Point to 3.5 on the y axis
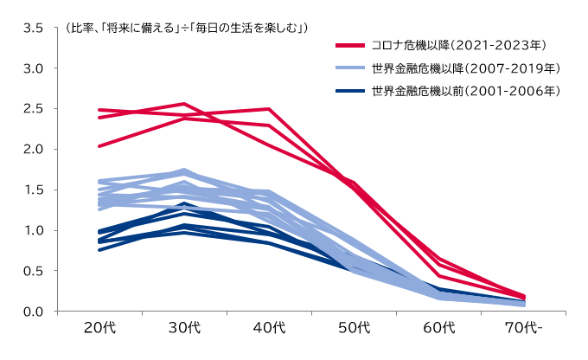tap(34, 27)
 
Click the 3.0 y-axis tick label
tap(34, 67)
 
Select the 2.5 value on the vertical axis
tap(34, 108)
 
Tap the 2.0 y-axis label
tap(34, 149)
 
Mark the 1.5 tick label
tap(34, 190)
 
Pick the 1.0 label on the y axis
tap(34, 230)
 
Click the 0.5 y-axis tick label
tap(34, 271)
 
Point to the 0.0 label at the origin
tap(34, 312)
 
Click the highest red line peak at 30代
tap(183, 104)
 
